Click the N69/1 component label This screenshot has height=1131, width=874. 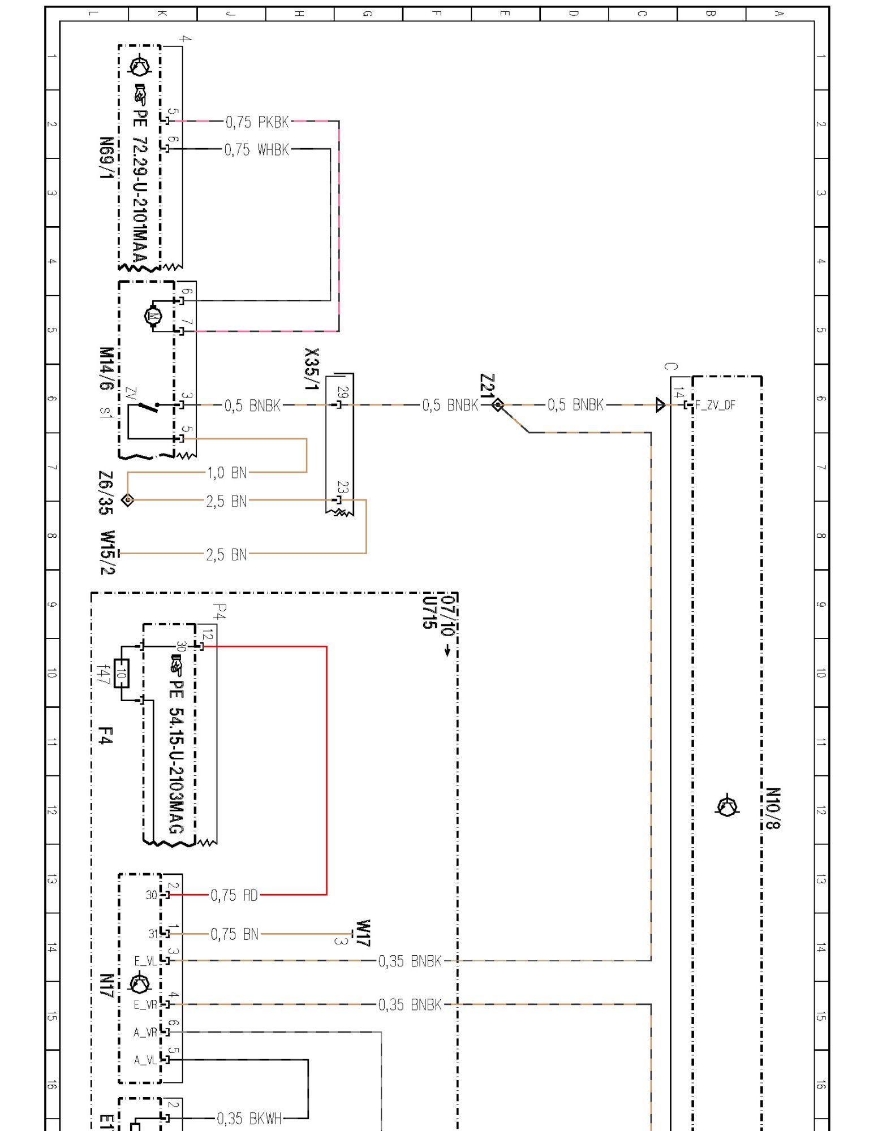(106, 158)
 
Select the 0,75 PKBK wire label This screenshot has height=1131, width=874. (257, 122)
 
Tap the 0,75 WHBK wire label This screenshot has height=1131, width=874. (257, 150)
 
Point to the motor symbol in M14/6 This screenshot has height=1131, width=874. (153, 316)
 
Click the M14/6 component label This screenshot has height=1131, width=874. (106, 368)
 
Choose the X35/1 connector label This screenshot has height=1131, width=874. (312, 369)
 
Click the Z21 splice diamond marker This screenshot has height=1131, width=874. (498, 405)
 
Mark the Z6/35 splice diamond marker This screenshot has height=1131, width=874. (128, 500)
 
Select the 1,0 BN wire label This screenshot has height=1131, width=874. (227, 473)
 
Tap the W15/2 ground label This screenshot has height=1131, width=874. (107, 552)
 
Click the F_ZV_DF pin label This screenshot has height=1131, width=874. (715, 405)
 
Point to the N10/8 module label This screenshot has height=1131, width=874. (773, 808)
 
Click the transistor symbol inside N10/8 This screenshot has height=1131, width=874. (727, 806)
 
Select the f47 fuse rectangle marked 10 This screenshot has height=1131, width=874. (122, 674)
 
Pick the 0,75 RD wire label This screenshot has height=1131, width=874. (234, 895)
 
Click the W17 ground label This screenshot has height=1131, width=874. (363, 933)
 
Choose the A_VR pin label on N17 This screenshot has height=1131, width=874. (145, 1033)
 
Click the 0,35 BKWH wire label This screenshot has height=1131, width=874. (249, 1119)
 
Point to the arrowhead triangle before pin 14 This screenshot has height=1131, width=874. (660, 405)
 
